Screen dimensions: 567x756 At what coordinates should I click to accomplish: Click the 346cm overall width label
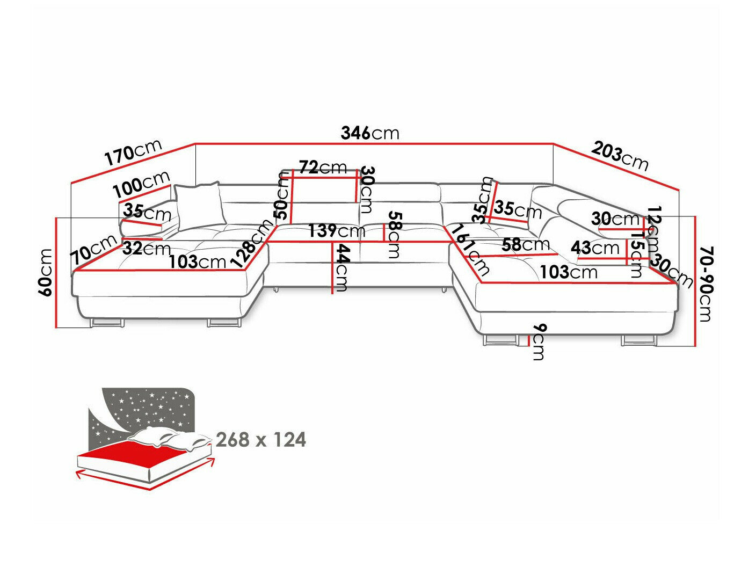point(370,133)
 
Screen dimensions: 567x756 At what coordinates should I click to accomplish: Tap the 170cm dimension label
point(133,152)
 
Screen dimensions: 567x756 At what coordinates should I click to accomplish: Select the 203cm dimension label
point(620,155)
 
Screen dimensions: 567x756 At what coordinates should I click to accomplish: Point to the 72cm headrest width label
point(323,168)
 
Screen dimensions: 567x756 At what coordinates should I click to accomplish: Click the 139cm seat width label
point(337,231)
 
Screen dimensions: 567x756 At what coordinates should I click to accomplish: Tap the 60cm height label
point(46,272)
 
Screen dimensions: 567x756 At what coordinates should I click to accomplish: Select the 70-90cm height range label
point(705,284)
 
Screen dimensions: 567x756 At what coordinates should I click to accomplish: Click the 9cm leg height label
point(539,342)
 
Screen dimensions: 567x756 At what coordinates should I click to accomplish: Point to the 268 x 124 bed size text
point(261,440)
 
